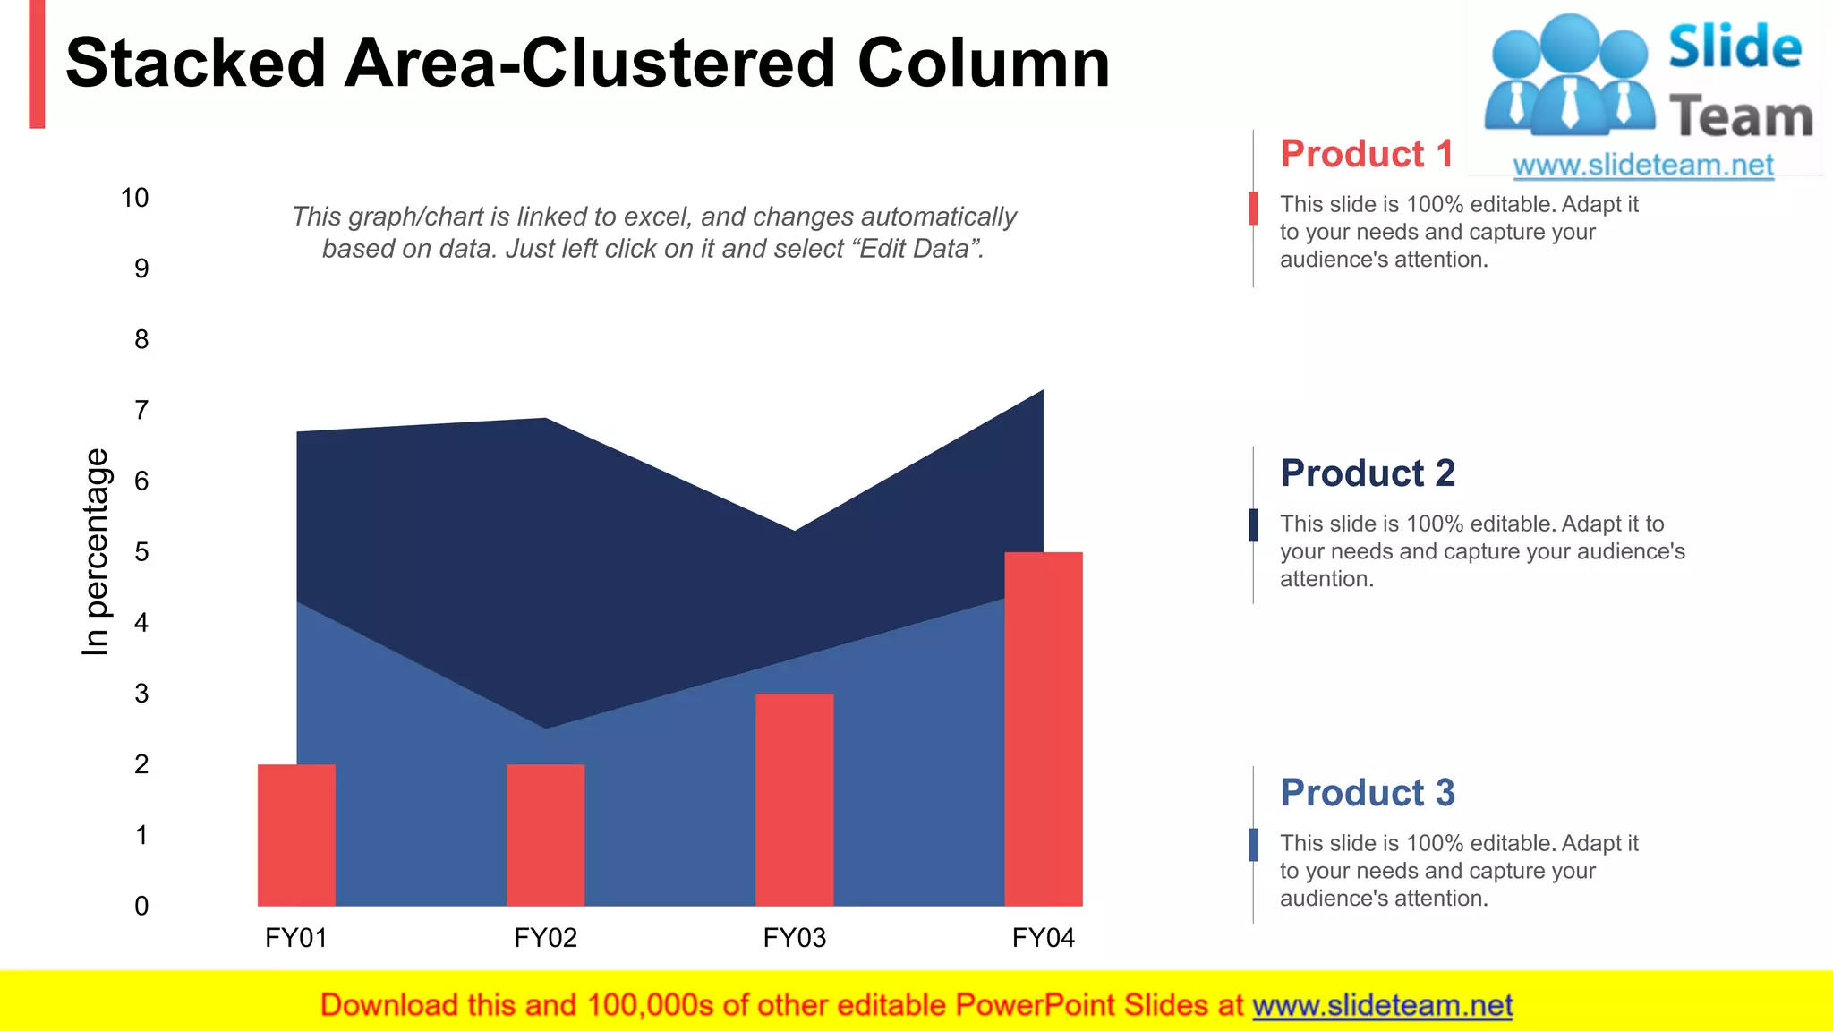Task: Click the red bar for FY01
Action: coord(296,834)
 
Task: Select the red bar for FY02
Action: coord(545,834)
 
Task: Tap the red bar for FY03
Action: coord(794,799)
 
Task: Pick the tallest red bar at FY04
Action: coord(1043,729)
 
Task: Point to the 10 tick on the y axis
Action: coord(135,198)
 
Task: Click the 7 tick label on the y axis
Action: coord(141,411)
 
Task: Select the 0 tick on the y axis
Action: coord(141,906)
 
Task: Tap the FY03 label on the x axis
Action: coord(794,938)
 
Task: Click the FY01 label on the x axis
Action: coord(296,938)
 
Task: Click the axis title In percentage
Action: coord(95,552)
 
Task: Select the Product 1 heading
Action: coord(1366,154)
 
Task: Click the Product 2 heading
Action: coord(1368,473)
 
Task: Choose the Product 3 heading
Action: coord(1368,793)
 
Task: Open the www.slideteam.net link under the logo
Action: coord(1642,166)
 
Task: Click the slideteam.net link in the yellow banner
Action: coord(1382,1005)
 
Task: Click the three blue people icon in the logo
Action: coord(1569,76)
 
